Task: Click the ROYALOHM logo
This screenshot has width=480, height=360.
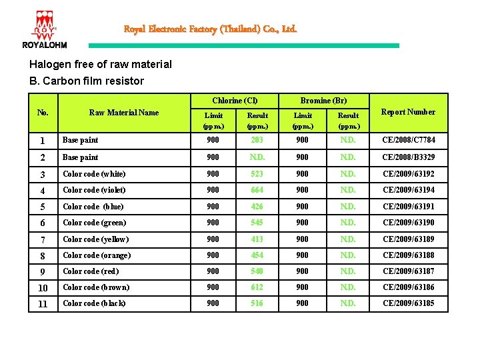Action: coord(44,30)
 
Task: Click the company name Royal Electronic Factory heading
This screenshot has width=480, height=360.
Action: coord(210,29)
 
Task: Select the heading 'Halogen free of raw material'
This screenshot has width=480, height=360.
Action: coord(101,65)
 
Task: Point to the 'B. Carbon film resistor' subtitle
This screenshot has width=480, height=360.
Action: coord(87,81)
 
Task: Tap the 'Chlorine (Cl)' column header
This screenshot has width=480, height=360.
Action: coord(235,101)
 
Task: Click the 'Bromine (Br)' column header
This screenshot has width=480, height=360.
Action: coord(323,101)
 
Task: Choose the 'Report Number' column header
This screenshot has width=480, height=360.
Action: coord(407,112)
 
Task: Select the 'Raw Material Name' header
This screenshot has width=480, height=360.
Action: coord(124,113)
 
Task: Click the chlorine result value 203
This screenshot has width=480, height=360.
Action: coord(257,140)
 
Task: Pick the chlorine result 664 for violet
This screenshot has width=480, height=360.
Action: coord(257,190)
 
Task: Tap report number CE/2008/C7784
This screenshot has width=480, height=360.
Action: coord(408,140)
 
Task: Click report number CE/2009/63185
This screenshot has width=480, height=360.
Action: coord(408,303)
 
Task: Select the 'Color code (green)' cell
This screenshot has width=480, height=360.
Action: coord(94,223)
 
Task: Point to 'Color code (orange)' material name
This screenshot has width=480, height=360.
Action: coord(97,255)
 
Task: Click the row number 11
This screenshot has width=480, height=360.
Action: coord(43,304)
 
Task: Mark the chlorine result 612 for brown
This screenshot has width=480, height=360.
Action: coord(257,287)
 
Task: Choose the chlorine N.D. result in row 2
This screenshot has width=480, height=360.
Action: coord(257,157)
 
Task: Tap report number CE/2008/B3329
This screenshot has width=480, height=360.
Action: coord(408,157)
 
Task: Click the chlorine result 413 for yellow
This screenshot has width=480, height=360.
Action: coord(257,239)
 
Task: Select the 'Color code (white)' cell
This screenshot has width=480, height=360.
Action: coord(94,174)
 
